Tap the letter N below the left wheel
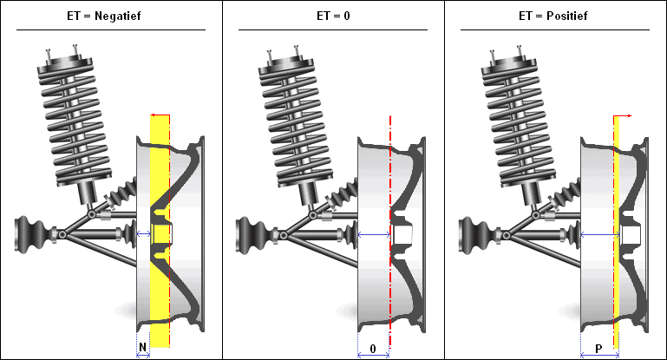coord(143,348)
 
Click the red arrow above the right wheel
coord(623,115)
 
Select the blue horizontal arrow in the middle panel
coord(374,235)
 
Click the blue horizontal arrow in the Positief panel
coord(598,235)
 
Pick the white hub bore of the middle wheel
coord(402,234)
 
